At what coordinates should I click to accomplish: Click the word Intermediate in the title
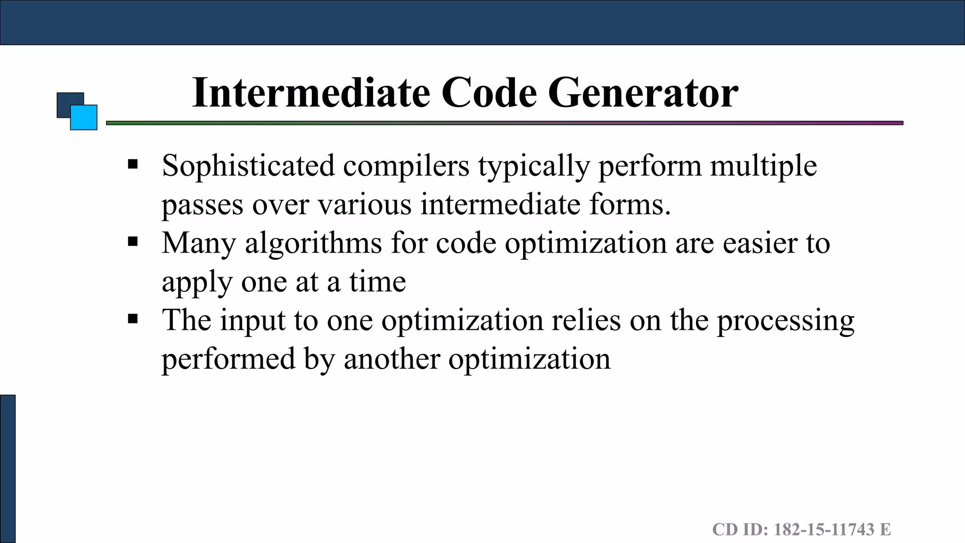tap(311, 93)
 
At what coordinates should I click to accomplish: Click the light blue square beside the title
tap(84, 118)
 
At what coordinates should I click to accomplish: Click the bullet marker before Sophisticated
tap(133, 165)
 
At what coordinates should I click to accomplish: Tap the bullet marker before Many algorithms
tap(133, 242)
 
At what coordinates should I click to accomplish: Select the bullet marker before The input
tap(133, 319)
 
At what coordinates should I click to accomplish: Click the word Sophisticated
tap(248, 166)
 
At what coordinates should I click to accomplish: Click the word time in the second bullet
tap(377, 282)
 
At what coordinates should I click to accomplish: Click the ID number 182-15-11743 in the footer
tap(824, 529)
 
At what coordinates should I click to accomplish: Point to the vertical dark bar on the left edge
tap(8, 469)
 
